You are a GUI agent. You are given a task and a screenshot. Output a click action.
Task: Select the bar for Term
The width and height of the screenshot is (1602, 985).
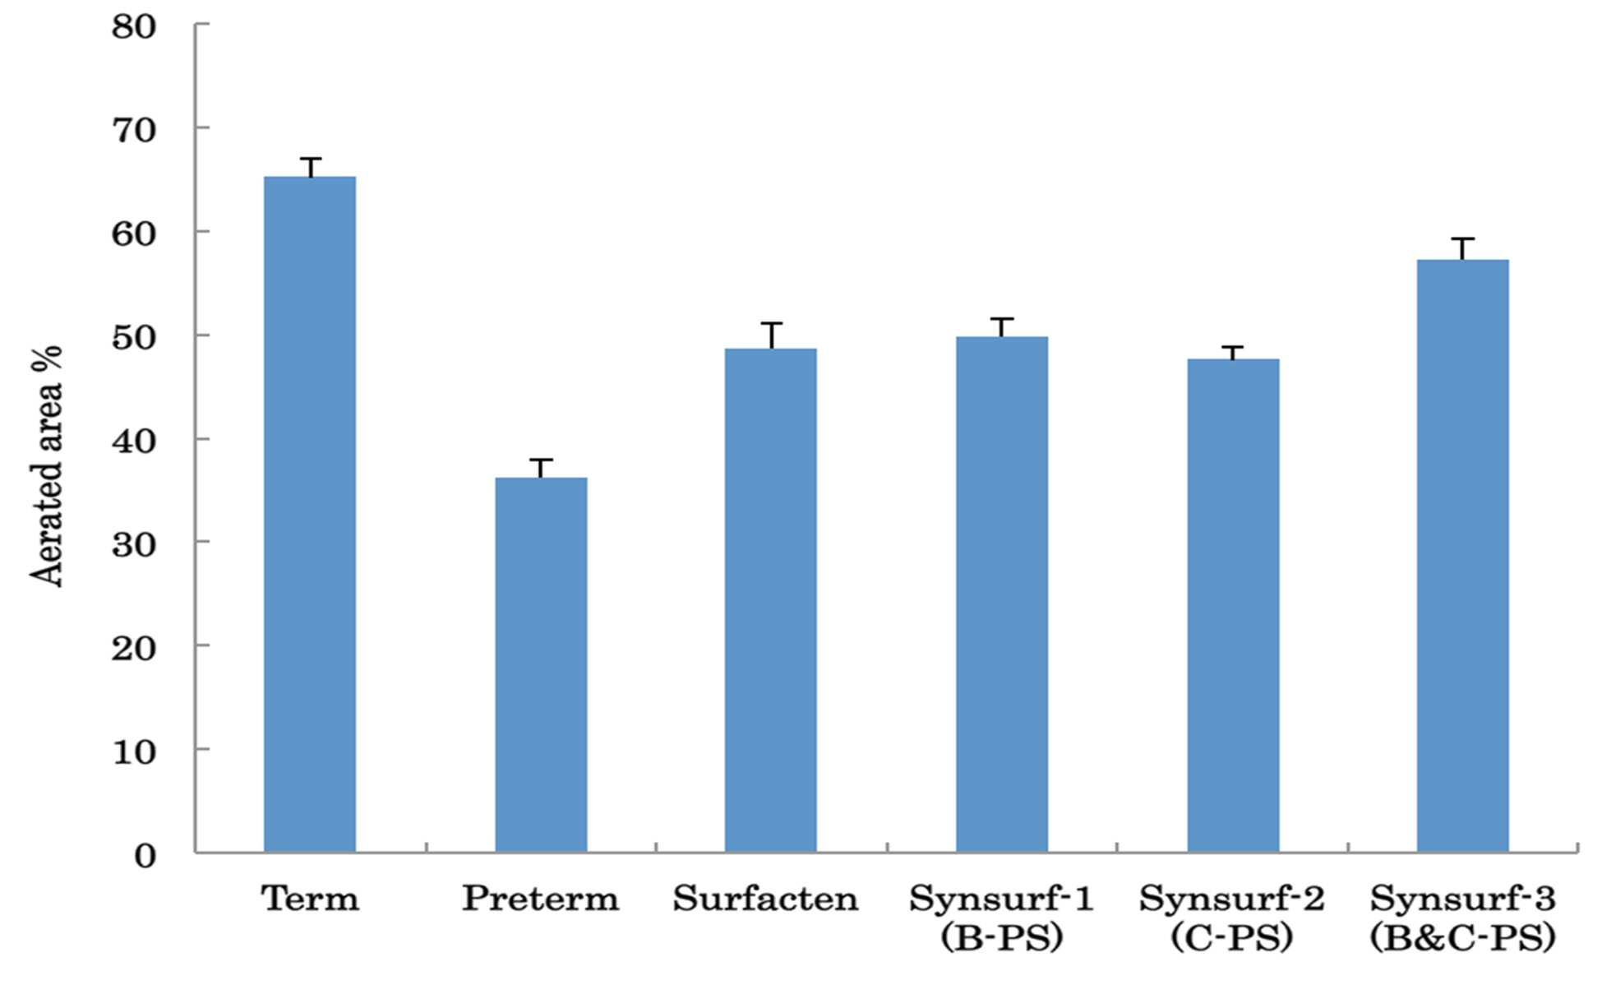click(310, 514)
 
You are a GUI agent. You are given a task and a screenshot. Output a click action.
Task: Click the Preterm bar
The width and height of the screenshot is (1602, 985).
click(541, 664)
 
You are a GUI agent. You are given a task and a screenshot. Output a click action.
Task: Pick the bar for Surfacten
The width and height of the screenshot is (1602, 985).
click(771, 600)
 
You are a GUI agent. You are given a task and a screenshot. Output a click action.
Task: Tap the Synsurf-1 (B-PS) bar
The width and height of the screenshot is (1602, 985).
click(1002, 594)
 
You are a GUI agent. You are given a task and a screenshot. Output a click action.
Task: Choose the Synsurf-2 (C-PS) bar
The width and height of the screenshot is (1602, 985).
click(1233, 605)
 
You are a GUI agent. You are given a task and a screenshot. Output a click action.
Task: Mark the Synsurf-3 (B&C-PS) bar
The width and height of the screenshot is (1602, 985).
click(1463, 556)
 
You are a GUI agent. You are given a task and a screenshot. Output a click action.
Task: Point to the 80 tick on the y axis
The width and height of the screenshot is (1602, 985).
click(202, 25)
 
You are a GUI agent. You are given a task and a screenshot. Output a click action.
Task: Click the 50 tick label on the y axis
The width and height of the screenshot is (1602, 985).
click(134, 336)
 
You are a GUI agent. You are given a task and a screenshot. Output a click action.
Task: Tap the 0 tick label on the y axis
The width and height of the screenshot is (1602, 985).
click(145, 856)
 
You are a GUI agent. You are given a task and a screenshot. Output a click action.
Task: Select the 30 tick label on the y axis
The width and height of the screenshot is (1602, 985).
click(134, 543)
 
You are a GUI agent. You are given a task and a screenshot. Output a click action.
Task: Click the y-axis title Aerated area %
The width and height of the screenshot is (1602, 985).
click(47, 465)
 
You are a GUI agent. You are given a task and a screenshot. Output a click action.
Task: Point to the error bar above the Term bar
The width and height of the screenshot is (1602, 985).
click(310, 167)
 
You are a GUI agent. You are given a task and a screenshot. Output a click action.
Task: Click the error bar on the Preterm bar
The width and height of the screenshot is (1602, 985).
click(541, 469)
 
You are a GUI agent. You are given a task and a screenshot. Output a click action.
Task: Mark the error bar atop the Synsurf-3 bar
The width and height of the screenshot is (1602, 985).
click(1463, 249)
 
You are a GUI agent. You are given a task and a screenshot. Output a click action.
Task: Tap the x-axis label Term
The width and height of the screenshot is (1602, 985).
click(311, 898)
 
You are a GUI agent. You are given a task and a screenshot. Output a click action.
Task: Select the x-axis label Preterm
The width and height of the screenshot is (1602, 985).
click(541, 898)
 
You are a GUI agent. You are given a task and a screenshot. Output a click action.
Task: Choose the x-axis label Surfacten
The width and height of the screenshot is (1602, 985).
click(766, 898)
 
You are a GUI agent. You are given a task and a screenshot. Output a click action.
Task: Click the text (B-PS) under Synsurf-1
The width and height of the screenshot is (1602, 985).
click(1002, 938)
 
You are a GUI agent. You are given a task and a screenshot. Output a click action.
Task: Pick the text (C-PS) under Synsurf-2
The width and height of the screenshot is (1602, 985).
click(1233, 938)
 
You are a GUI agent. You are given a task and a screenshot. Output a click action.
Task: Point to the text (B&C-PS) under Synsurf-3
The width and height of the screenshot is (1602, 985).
click(1463, 938)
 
